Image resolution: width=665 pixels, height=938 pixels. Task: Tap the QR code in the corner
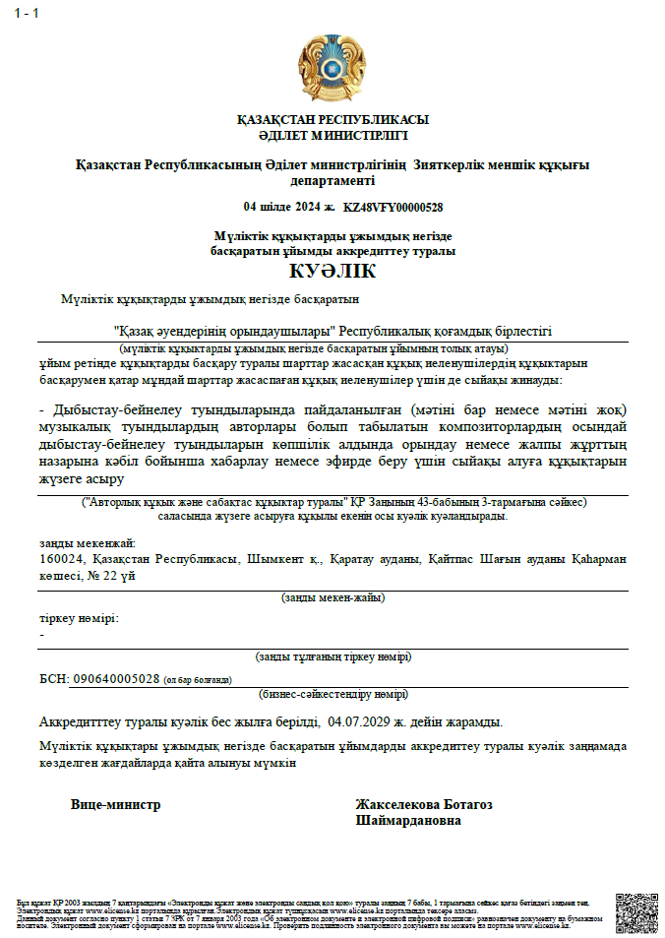635,912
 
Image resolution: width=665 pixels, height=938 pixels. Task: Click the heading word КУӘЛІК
332,271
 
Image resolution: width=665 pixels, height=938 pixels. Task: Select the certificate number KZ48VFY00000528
393,208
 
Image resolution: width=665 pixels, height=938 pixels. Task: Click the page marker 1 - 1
27,12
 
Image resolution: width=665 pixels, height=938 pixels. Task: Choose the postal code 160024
62,559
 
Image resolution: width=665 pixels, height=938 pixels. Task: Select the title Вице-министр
115,804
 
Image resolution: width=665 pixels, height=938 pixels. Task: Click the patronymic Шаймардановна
408,820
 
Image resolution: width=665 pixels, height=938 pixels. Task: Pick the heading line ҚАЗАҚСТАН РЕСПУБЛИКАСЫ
332,120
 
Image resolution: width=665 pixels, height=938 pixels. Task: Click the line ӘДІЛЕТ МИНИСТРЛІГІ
332,135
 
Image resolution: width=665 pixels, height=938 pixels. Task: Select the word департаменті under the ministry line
332,181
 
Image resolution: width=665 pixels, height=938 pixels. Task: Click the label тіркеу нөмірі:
79,618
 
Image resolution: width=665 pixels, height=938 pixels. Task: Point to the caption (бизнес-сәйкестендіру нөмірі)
332,693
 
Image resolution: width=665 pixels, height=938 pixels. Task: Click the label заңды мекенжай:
88,543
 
